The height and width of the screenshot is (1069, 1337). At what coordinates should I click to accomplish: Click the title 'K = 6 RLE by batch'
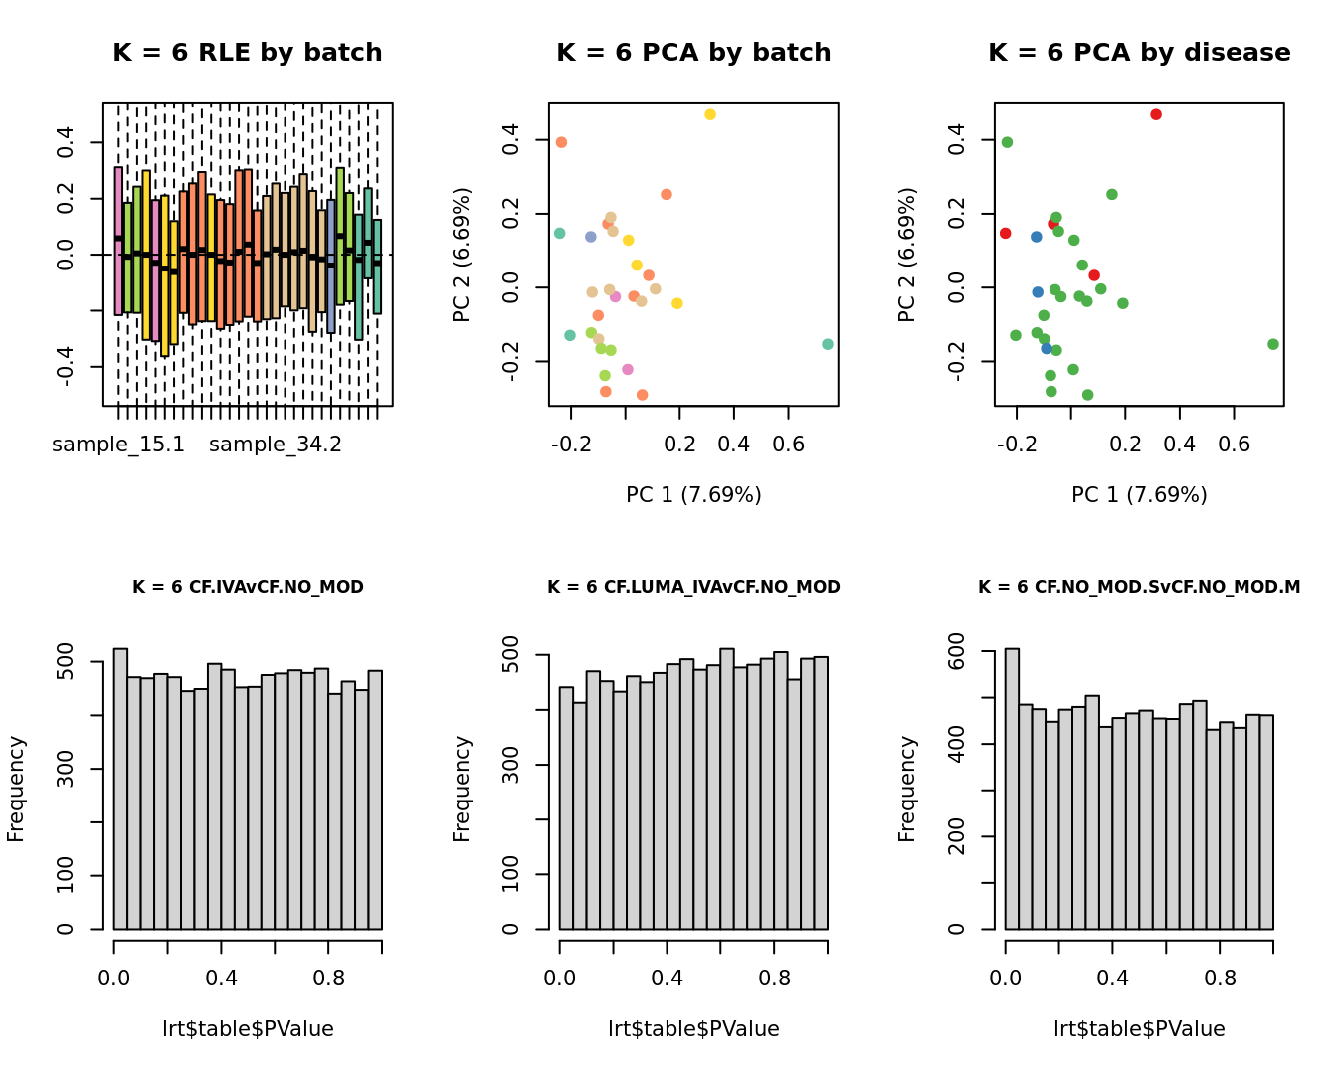point(247,53)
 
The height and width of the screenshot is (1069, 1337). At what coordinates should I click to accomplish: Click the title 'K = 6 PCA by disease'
point(1139,53)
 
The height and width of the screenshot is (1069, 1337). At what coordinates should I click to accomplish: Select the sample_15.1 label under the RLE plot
point(118,445)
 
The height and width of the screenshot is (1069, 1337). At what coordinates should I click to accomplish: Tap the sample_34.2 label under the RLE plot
point(276,445)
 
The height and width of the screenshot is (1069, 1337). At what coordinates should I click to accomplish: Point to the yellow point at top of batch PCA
point(710,115)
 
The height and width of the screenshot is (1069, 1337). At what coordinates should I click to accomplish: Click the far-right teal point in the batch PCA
point(828,344)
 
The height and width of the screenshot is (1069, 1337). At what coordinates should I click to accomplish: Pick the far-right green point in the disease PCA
point(1273,344)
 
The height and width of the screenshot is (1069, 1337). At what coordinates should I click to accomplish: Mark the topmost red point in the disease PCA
point(1156,115)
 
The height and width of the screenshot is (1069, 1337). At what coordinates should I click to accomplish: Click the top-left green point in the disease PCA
point(1007,142)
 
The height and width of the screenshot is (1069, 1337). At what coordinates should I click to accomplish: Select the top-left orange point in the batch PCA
point(561,142)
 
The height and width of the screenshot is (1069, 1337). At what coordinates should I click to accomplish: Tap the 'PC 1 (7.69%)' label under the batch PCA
point(693,495)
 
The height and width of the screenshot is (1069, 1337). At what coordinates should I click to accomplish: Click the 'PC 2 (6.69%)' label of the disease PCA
point(906,255)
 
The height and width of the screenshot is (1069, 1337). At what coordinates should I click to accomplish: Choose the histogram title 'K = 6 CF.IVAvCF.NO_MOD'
point(248,587)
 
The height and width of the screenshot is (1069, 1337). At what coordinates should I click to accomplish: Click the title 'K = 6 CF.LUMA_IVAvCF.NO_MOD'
point(693,587)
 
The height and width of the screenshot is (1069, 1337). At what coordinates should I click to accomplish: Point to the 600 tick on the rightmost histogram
point(957,651)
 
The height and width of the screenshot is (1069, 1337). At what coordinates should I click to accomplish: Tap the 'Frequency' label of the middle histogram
point(462,789)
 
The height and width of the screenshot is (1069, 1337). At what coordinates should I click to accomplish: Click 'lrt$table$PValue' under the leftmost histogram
point(248,1029)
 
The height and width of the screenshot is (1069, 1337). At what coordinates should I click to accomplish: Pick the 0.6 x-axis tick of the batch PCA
point(789,443)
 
